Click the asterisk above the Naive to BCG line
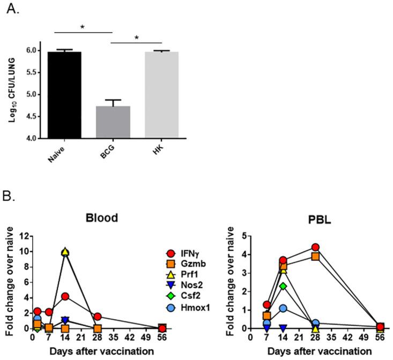tap(83, 26)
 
